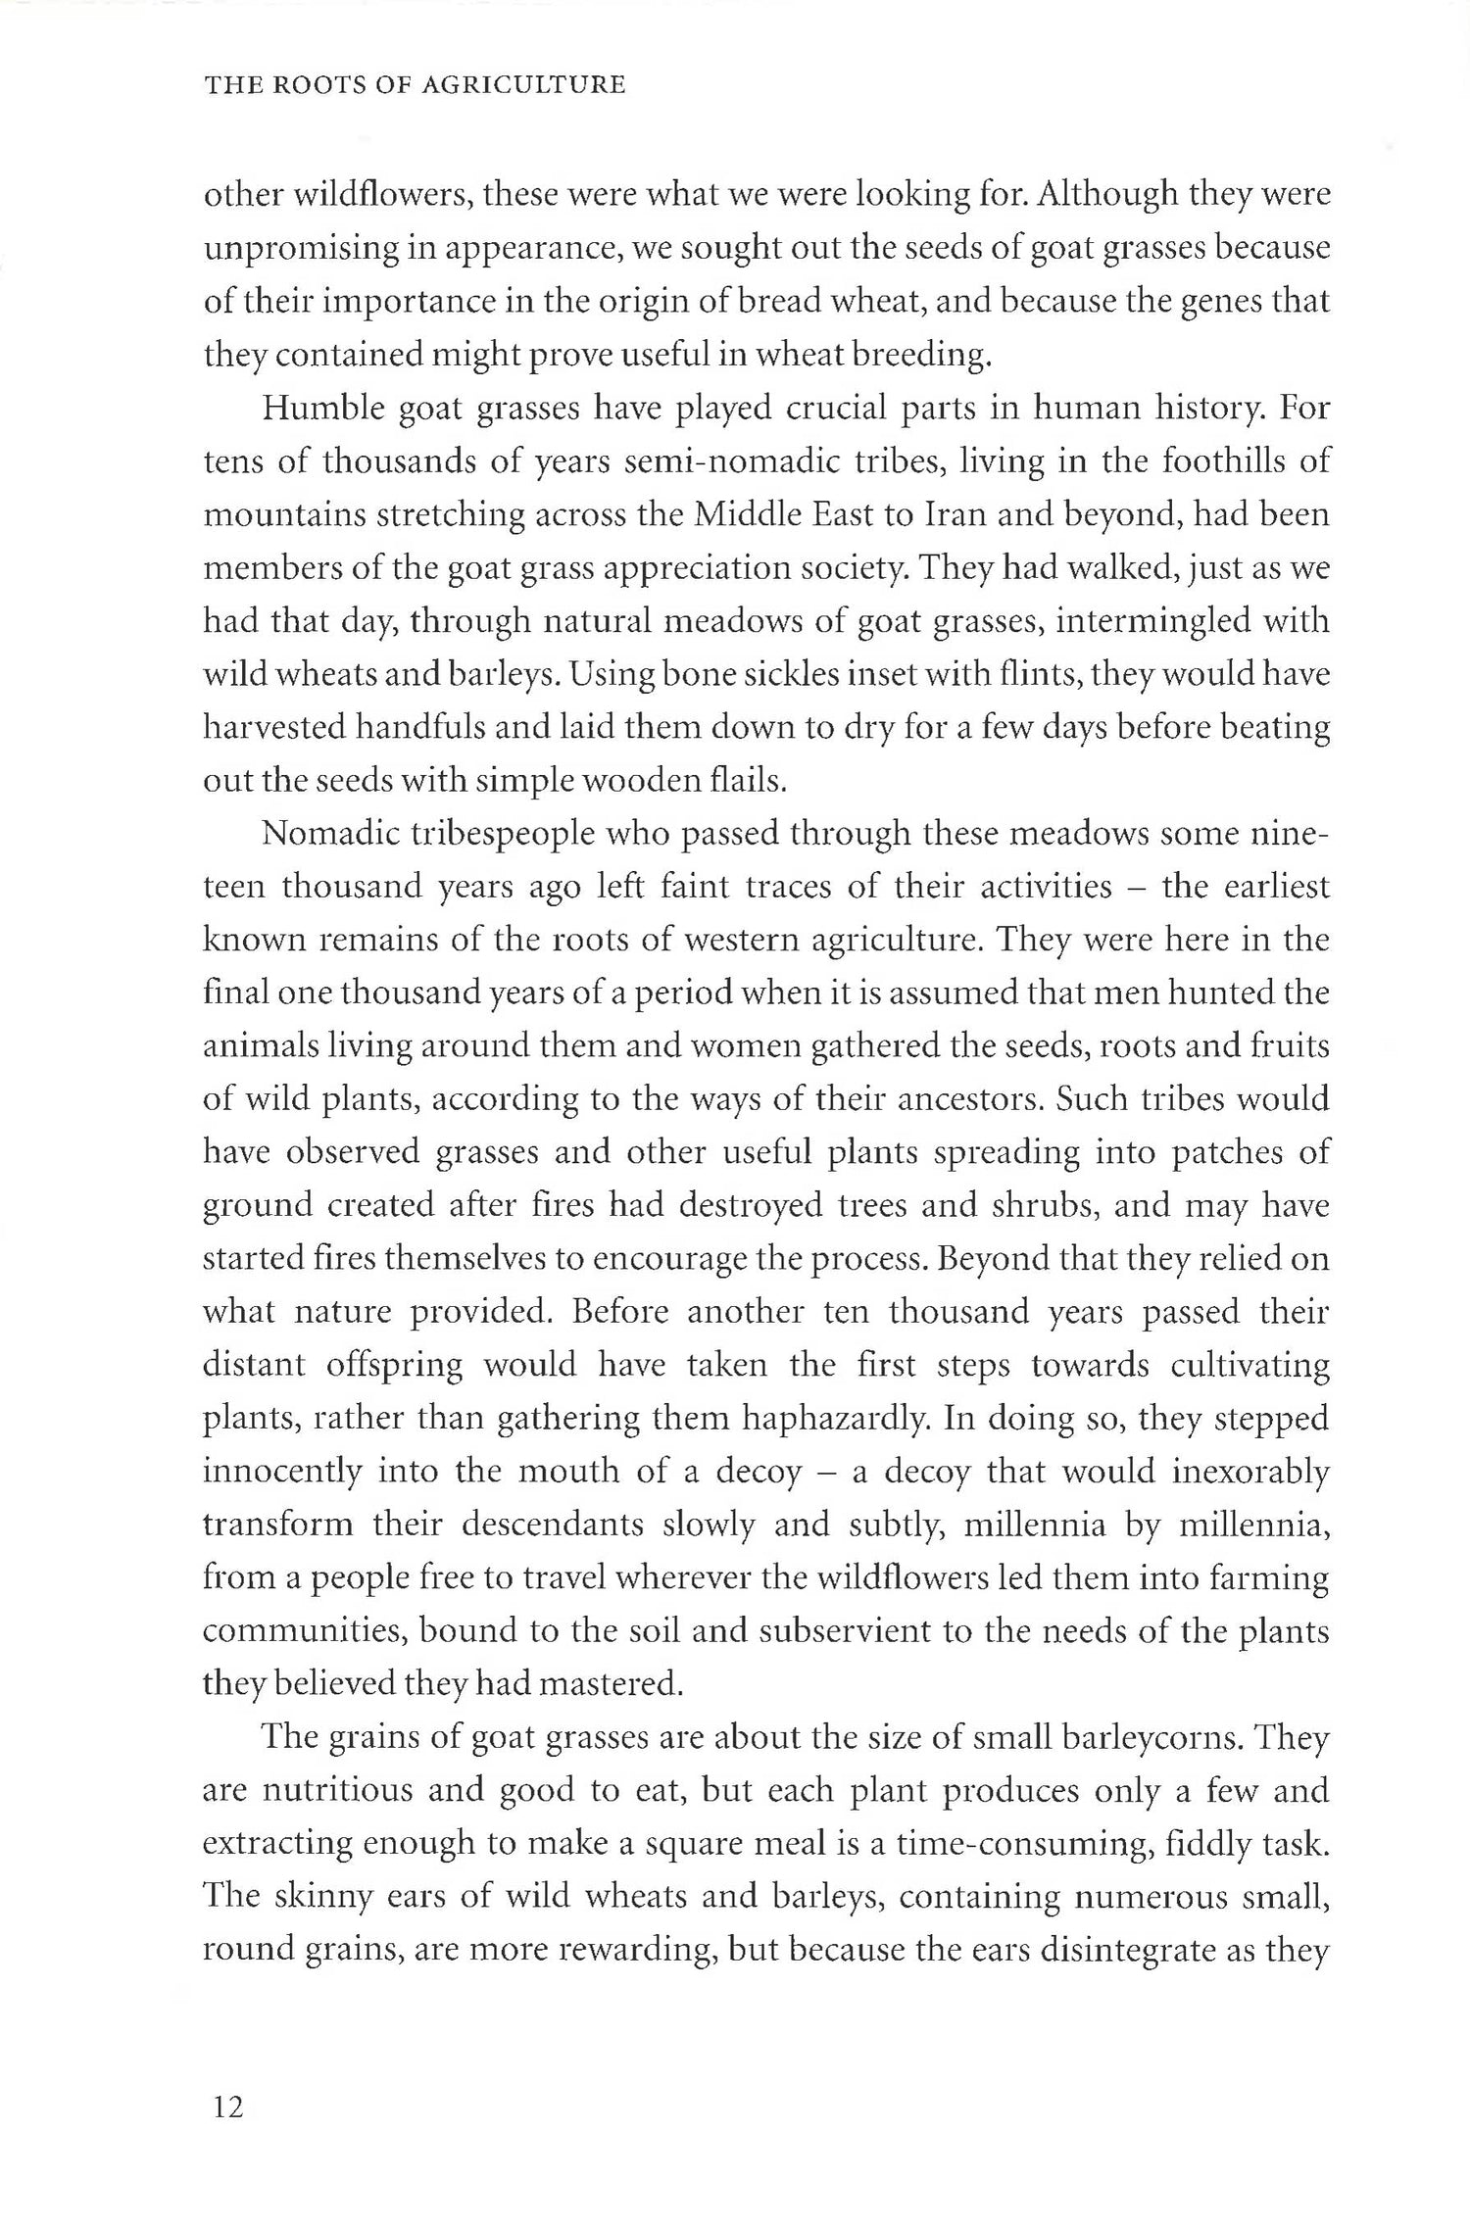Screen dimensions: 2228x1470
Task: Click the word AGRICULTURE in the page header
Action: (x=523, y=85)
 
